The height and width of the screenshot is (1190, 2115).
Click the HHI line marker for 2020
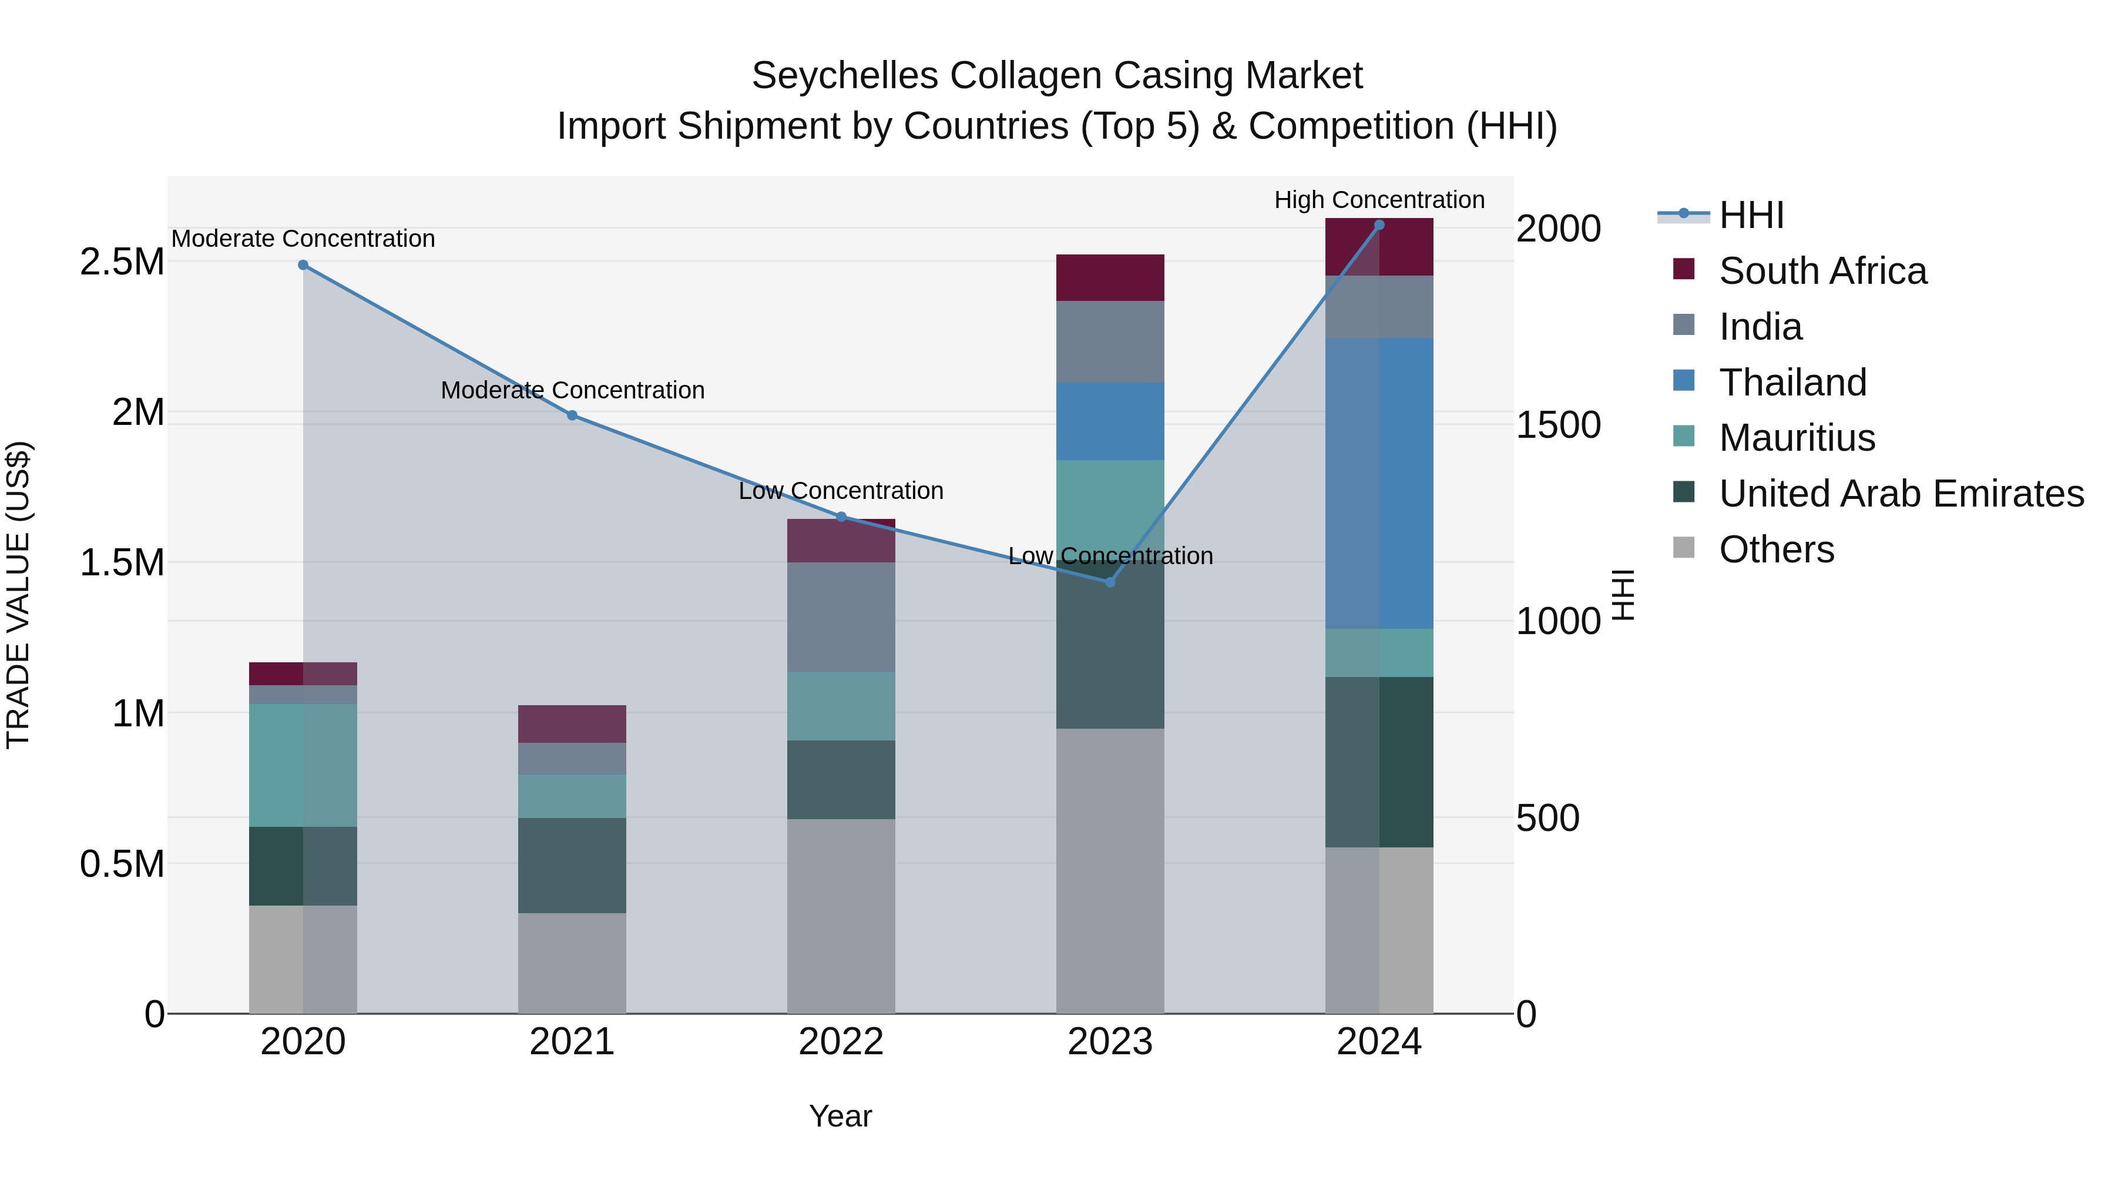pyautogui.click(x=303, y=265)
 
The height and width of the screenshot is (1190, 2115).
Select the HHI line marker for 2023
pyautogui.click(x=1110, y=582)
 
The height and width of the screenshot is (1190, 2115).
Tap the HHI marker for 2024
pyautogui.click(x=1379, y=225)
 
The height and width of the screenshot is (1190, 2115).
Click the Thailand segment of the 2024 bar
pyautogui.click(x=1379, y=483)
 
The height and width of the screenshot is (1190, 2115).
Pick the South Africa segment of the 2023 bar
pyautogui.click(x=1110, y=277)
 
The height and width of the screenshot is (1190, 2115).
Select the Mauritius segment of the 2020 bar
pyautogui.click(x=303, y=765)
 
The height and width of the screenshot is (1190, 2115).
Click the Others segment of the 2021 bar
pyautogui.click(x=572, y=963)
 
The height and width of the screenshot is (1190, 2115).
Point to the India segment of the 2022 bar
pyautogui.click(x=841, y=617)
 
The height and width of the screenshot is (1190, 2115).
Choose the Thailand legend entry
pyautogui.click(x=1792, y=383)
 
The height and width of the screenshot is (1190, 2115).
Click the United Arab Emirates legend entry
pyautogui.click(x=1901, y=494)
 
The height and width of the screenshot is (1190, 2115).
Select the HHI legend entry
pyautogui.click(x=1751, y=215)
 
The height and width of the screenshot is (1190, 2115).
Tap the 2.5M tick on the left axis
pyautogui.click(x=122, y=262)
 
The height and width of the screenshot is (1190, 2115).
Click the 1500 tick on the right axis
pyautogui.click(x=1557, y=425)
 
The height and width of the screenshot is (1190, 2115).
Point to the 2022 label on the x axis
pyautogui.click(x=841, y=1042)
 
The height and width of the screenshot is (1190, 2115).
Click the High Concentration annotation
pyautogui.click(x=1379, y=200)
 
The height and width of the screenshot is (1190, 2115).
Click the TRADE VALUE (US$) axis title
pyautogui.click(x=18, y=595)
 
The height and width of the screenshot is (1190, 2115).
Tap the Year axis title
pyautogui.click(x=840, y=1116)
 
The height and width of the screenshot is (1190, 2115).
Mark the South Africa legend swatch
pyautogui.click(x=1683, y=269)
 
